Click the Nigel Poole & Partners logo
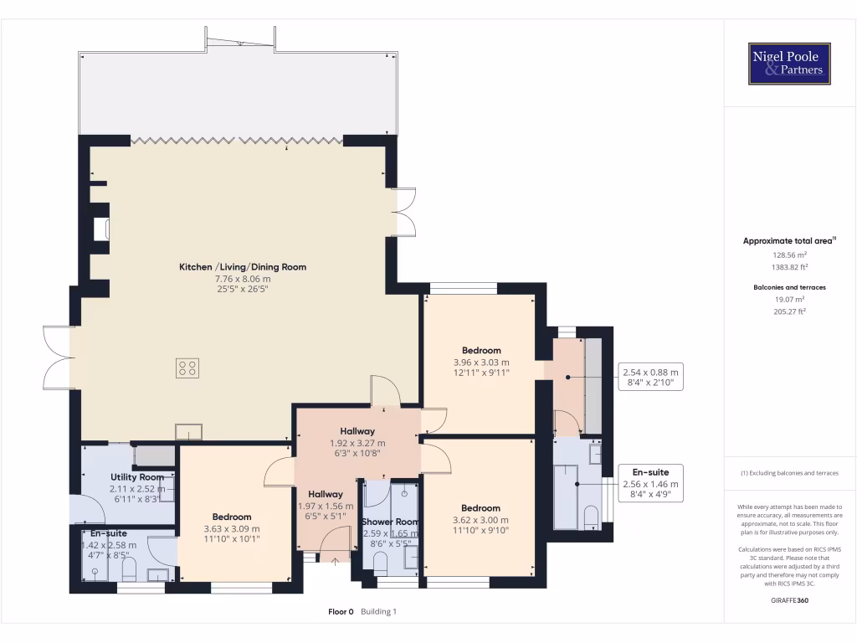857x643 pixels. [x=789, y=64]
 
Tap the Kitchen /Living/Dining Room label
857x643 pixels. [x=243, y=267]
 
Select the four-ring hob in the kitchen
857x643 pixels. [x=187, y=368]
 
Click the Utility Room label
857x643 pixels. [x=137, y=476]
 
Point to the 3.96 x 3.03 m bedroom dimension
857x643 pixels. [x=481, y=362]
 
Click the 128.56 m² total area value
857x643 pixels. [x=789, y=255]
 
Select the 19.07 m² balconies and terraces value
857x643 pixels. [x=789, y=299]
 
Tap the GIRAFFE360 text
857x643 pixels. [x=789, y=600]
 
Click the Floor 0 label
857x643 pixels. [x=341, y=612]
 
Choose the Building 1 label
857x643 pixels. [x=378, y=612]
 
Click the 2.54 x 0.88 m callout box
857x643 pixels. [x=650, y=377]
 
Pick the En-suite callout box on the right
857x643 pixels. [x=650, y=483]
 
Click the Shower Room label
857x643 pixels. [x=390, y=522]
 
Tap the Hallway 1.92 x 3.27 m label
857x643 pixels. [x=357, y=442]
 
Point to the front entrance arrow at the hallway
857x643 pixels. [x=335, y=560]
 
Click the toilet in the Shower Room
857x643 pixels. [x=380, y=563]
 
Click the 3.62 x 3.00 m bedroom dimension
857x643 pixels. [x=480, y=520]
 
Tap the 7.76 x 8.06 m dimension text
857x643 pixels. [x=243, y=278]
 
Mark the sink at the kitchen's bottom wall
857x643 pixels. [x=188, y=432]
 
